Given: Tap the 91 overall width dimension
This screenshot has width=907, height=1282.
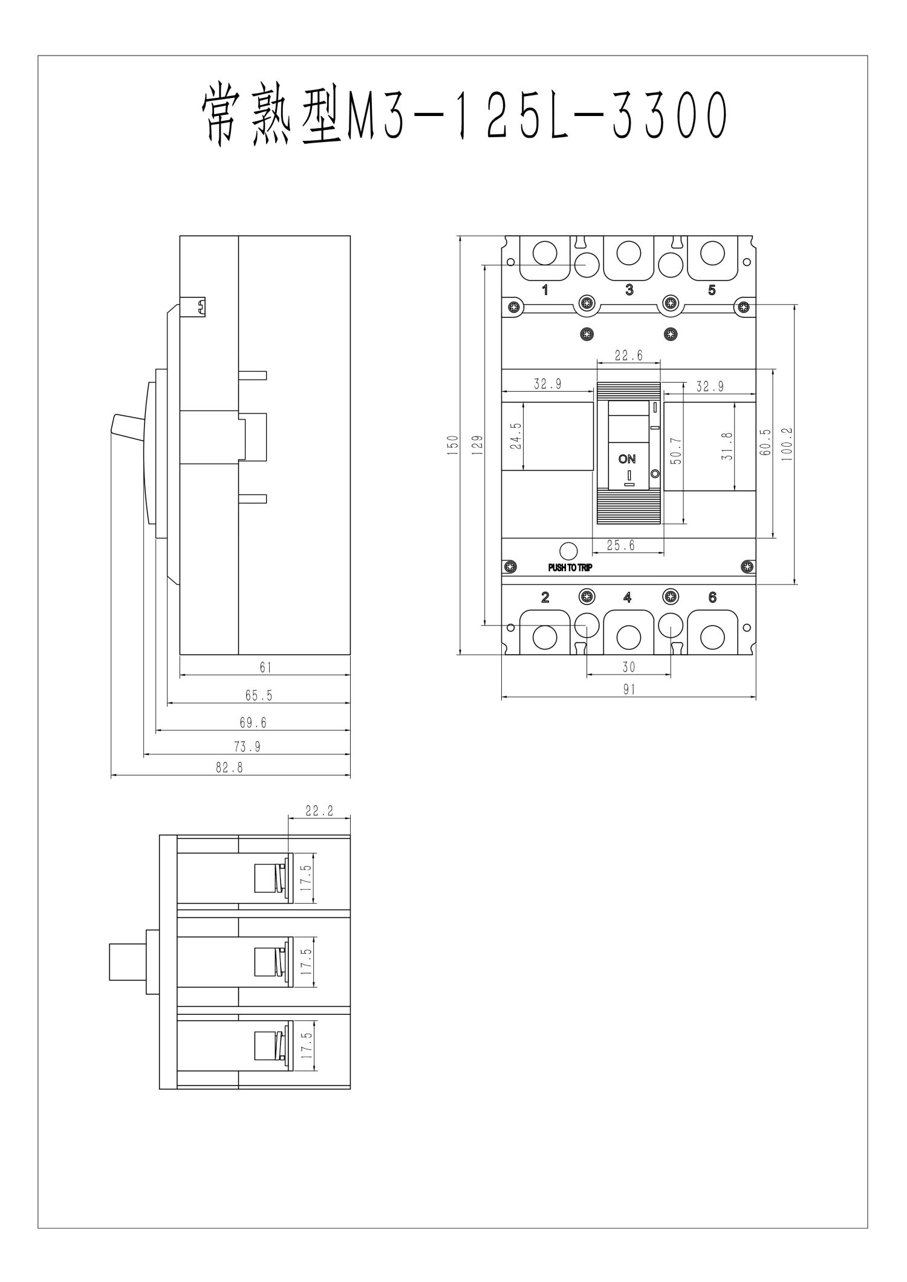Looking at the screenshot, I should (x=629, y=689).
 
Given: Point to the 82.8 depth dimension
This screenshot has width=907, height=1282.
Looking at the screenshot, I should (x=230, y=768).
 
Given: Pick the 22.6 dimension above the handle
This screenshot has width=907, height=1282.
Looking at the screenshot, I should (x=628, y=356).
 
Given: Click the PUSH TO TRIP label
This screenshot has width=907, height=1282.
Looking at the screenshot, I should (x=570, y=568).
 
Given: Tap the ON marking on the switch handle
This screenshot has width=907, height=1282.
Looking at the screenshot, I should (x=627, y=459).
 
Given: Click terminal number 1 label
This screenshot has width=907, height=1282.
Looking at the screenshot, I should (x=545, y=291).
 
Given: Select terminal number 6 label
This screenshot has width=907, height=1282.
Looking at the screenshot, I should (x=712, y=598).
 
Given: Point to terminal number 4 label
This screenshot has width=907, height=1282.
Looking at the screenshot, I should (x=628, y=598).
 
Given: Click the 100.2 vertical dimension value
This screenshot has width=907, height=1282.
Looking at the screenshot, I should (x=786, y=445).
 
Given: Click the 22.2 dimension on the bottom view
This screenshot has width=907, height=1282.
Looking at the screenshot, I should (x=319, y=811).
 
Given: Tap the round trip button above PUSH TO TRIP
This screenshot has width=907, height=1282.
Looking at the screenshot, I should (x=568, y=551).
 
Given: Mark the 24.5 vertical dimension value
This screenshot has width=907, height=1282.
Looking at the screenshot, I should (x=515, y=436).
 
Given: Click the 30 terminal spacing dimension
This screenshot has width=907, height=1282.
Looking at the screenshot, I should (x=629, y=667).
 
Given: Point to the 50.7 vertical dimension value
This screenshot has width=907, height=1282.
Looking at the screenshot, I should (x=676, y=452).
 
